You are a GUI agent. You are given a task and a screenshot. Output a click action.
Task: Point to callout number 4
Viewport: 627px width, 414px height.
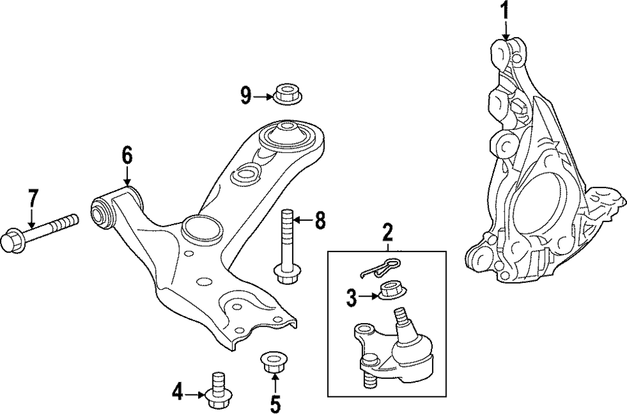click(179, 393)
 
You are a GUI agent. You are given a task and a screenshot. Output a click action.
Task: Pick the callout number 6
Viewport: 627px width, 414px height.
click(127, 154)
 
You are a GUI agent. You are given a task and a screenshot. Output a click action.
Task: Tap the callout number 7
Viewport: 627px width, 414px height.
click(31, 200)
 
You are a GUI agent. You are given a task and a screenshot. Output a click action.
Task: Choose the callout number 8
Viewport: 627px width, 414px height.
click(320, 220)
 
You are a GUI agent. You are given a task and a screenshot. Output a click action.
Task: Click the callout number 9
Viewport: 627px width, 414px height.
click(246, 95)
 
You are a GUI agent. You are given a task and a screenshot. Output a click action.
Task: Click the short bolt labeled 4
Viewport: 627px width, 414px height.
click(217, 389)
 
